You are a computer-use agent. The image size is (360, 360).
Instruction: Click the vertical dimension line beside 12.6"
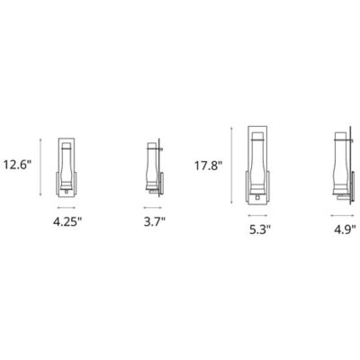(x=40, y=166)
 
